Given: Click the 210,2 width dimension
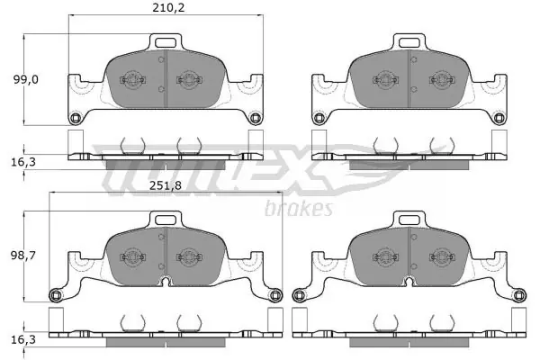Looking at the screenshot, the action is pos(168,7).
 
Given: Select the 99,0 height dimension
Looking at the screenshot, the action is pos(26,79).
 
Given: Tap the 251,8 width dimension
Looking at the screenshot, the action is pos(166,185).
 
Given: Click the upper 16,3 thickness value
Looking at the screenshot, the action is pos(23,162).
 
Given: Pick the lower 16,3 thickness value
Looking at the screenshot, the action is pos(23,340).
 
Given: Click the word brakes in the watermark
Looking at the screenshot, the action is pos(299,209).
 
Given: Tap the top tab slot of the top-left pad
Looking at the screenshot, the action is pos(166,42).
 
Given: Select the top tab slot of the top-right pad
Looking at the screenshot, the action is pos(409,42).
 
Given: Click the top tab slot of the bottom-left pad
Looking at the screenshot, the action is pos(166,220).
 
